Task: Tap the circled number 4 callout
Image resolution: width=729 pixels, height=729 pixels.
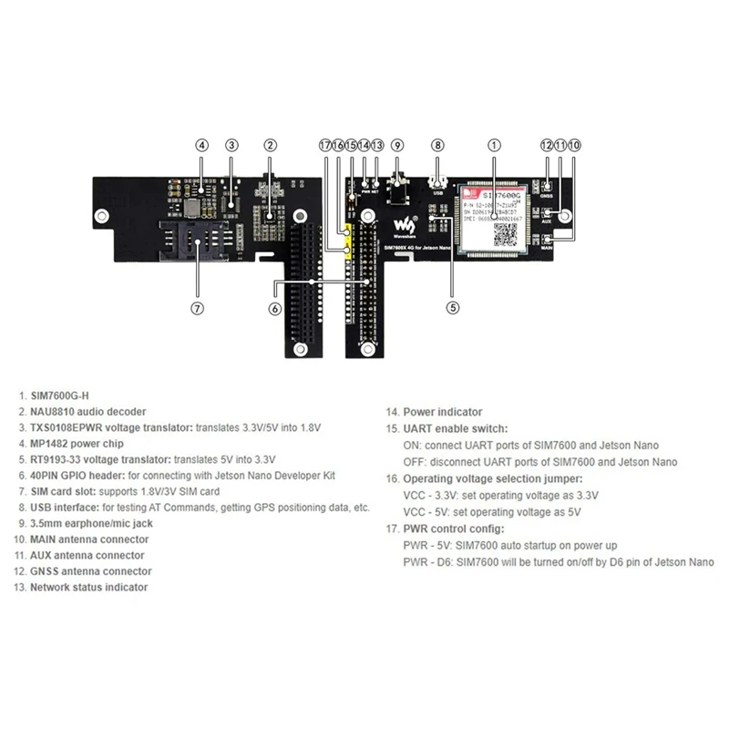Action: click(x=202, y=145)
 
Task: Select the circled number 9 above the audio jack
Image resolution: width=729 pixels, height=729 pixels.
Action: click(x=396, y=145)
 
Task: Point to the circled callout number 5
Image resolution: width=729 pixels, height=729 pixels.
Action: click(x=453, y=307)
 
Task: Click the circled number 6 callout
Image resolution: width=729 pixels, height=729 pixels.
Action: click(x=274, y=307)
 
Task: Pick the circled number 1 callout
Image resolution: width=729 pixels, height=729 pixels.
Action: click(x=494, y=145)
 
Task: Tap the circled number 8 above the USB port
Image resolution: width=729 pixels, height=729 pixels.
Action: click(x=437, y=145)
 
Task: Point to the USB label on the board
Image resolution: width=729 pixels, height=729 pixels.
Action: click(x=437, y=192)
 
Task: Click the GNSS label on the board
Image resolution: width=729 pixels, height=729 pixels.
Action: click(x=547, y=194)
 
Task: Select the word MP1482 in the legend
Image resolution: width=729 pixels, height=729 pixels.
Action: click(x=53, y=444)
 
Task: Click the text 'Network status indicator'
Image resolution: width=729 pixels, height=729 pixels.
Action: click(x=88, y=588)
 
